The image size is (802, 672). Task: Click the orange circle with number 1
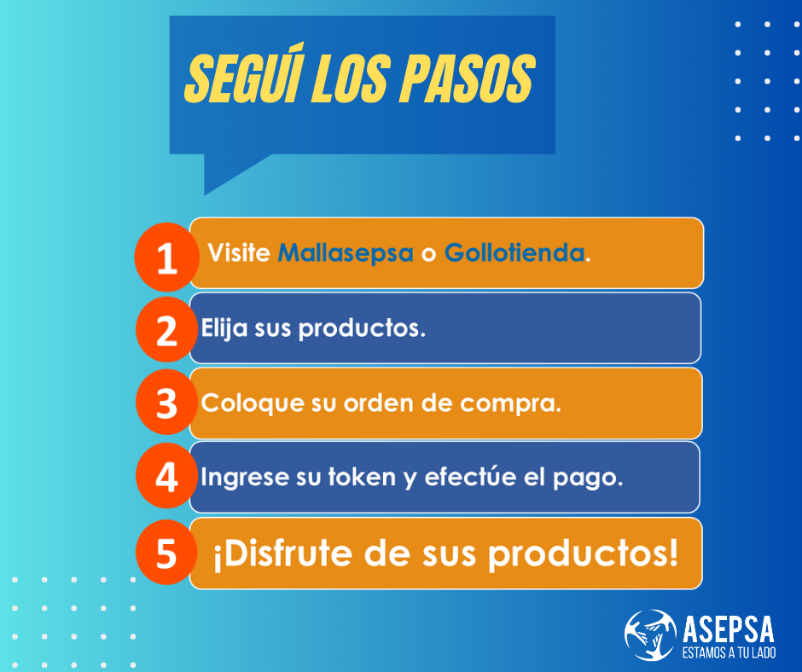[166, 258]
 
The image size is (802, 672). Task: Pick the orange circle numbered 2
[166, 330]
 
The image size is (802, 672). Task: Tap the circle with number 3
[166, 403]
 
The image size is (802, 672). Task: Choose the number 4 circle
[166, 476]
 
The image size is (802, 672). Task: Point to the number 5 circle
[166, 553]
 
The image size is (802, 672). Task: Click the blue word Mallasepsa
[346, 252]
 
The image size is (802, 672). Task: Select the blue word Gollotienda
[514, 252]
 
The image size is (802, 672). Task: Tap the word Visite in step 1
[239, 252]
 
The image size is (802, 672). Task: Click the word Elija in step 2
[224, 327]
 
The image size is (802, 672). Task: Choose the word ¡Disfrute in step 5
[283, 554]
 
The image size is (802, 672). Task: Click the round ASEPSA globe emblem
[651, 634]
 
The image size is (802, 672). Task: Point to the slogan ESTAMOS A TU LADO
[729, 652]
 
